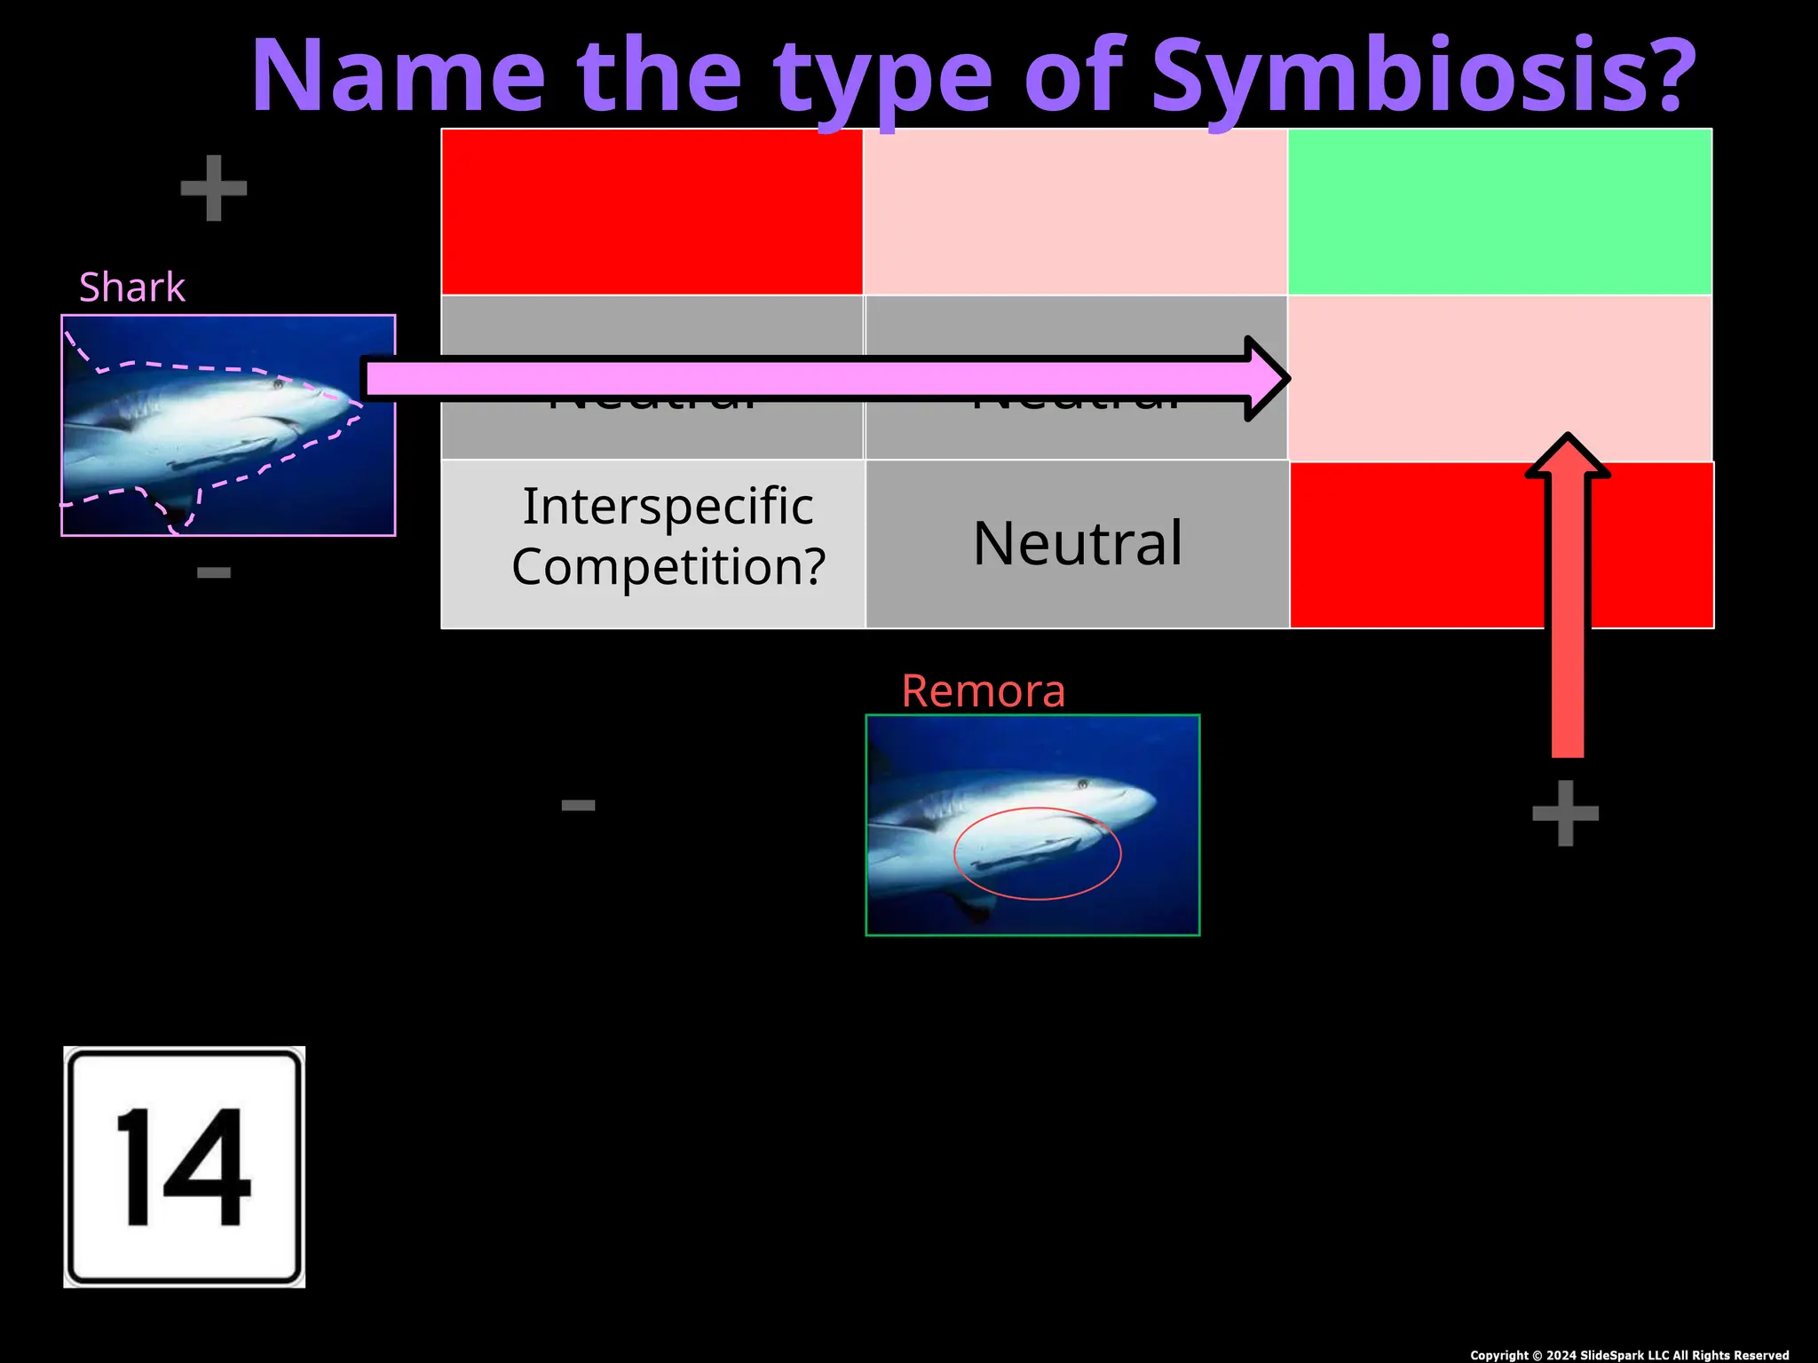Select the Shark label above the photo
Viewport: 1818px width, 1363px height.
(x=131, y=288)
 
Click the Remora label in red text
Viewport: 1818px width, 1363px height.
(x=983, y=691)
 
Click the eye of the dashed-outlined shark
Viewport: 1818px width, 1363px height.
(x=278, y=384)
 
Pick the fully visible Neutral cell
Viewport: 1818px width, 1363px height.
(x=1078, y=544)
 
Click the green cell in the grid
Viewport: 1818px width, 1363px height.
(x=1499, y=211)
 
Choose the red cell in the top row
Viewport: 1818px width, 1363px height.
(x=652, y=211)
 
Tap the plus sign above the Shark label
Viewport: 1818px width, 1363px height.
(x=213, y=188)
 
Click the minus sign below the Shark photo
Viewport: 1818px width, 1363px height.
(x=214, y=573)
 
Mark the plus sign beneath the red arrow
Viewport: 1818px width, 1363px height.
(x=1566, y=813)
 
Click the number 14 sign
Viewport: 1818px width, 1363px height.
(x=185, y=1167)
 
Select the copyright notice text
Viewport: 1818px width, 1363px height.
(x=1629, y=1355)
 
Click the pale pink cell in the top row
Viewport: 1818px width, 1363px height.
(x=1075, y=211)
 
